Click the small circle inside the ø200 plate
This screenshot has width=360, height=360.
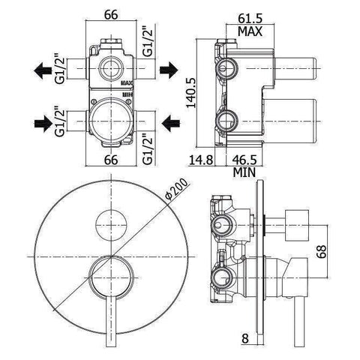(x=109, y=223)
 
